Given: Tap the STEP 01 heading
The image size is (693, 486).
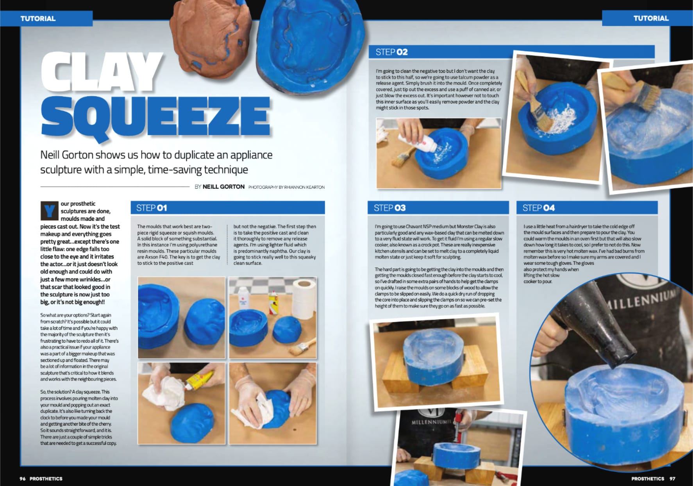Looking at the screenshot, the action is click(152, 208).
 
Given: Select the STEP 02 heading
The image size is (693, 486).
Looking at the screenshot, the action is click(391, 52).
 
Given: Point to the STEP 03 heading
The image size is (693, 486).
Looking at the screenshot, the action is click(389, 208).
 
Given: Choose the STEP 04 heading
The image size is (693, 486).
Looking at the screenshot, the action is click(538, 208).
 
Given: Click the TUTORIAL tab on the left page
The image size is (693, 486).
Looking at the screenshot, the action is click(38, 18).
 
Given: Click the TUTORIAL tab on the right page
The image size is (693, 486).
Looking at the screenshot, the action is click(651, 18).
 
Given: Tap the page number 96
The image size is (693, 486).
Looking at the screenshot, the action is click(23, 479).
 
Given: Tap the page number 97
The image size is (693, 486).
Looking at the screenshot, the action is click(672, 479).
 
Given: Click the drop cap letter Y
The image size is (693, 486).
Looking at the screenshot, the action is click(49, 211).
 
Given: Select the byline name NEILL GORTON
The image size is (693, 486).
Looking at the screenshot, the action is click(223, 187).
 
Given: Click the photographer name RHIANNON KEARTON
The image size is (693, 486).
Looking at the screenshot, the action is click(304, 187).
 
